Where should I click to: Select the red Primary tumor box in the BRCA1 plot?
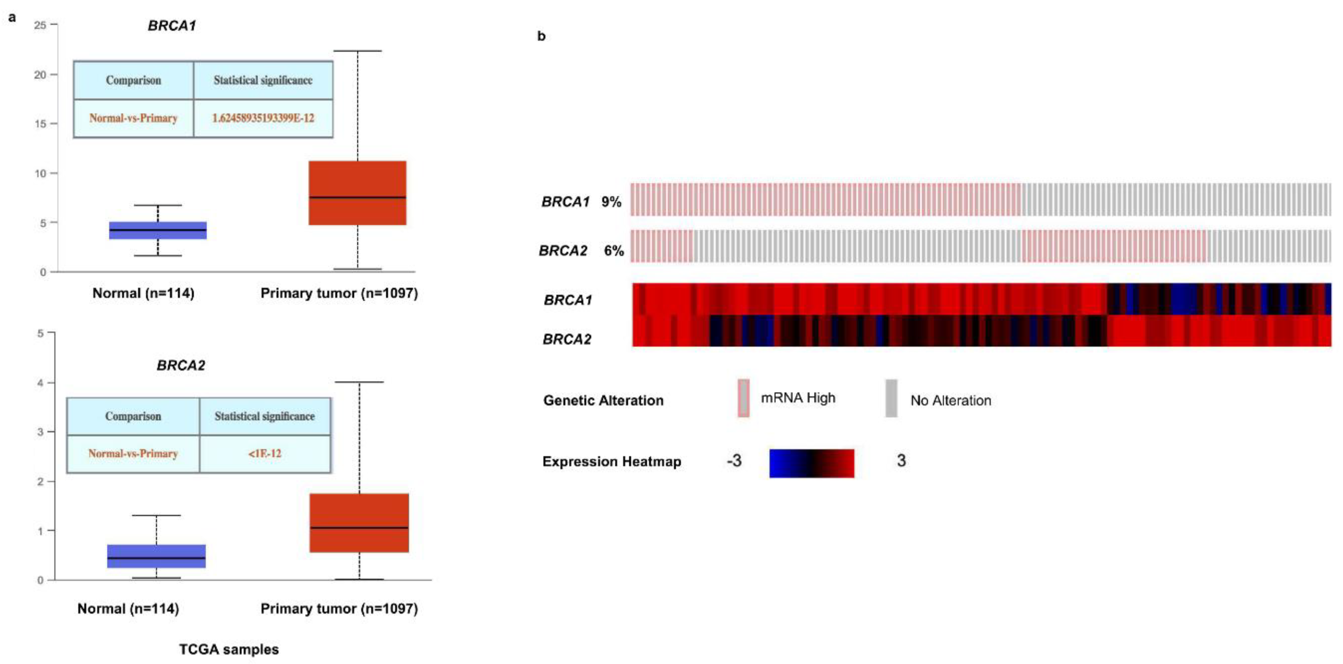point(357,193)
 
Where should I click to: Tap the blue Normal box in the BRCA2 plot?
point(156,556)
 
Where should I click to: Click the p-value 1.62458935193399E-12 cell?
point(263,118)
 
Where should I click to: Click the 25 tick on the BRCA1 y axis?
point(40,25)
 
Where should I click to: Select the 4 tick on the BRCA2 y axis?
point(40,383)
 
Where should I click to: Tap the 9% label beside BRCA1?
point(611,202)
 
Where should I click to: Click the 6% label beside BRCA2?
point(614,251)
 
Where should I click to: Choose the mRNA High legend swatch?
point(744,398)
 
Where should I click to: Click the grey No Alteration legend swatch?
point(891,398)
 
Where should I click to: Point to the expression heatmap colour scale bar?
point(812,463)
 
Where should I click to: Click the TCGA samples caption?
point(229,649)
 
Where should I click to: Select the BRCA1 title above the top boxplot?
point(172,26)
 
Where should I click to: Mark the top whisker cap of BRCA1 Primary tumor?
point(357,51)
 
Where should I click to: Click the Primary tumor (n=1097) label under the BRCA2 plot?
point(339,609)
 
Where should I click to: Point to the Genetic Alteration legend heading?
point(603,400)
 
